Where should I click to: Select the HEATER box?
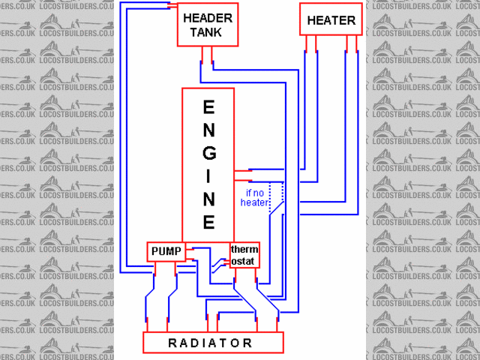(x=331, y=19)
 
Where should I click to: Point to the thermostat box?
(x=244, y=255)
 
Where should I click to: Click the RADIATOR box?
(x=214, y=343)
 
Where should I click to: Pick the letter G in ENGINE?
(x=209, y=153)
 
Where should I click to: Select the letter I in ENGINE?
(x=209, y=176)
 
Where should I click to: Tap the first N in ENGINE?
(x=209, y=130)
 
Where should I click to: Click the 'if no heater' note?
(x=255, y=196)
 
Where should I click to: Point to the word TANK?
(x=205, y=32)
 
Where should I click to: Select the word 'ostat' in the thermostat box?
(x=244, y=261)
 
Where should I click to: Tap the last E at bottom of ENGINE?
(x=209, y=223)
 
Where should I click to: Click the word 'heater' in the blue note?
(x=255, y=202)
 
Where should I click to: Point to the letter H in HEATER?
(x=311, y=20)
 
